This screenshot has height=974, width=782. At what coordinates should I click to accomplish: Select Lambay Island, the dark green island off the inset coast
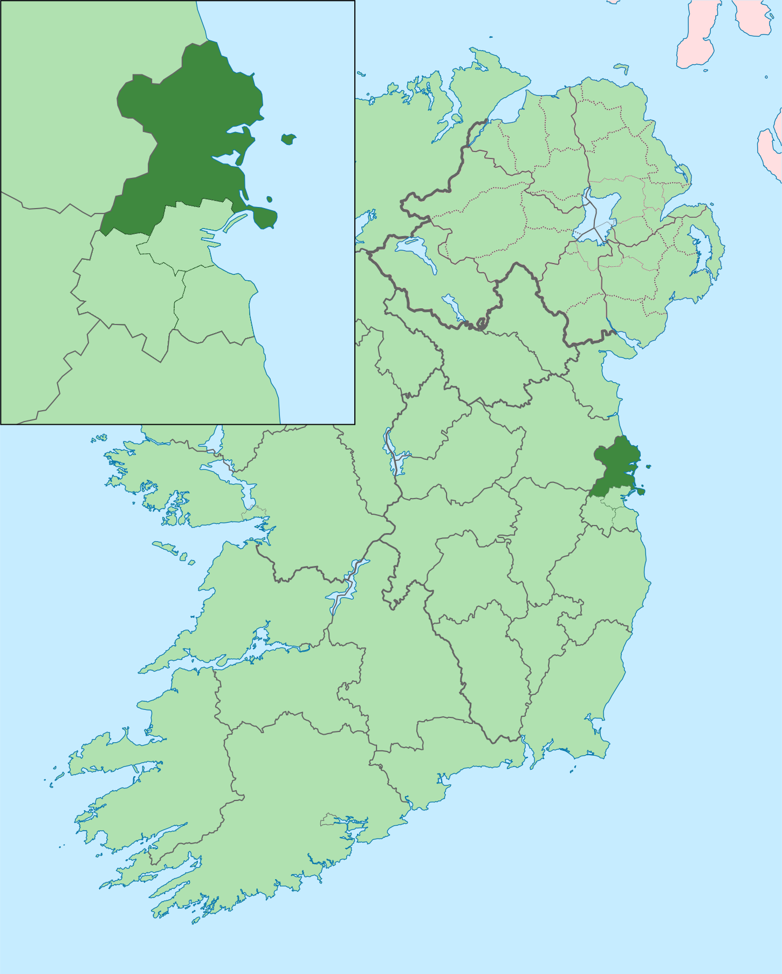[289, 139]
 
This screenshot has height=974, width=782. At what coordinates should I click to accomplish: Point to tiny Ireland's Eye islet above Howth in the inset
[269, 199]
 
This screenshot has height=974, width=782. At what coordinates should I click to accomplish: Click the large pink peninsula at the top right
[698, 32]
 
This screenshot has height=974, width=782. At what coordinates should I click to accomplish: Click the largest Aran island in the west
[164, 548]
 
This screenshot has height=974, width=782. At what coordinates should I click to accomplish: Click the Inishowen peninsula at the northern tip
[485, 81]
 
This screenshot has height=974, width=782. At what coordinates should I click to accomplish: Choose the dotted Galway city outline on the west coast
[253, 512]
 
